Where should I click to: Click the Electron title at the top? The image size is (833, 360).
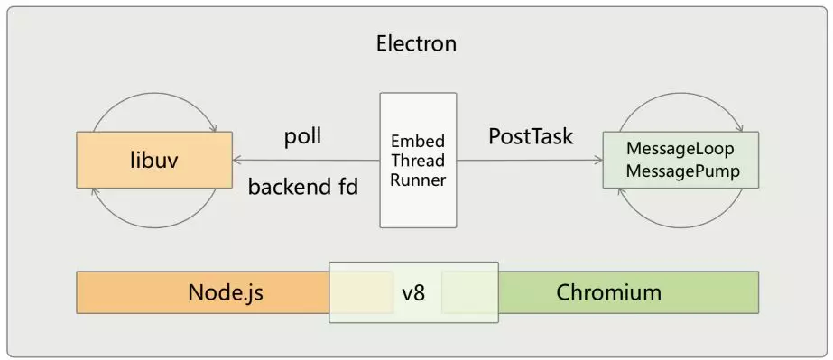416,43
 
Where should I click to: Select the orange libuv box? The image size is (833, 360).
154,161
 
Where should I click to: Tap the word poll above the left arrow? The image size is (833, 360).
303,137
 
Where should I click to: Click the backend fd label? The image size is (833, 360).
303,187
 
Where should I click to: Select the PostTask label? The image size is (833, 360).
531,137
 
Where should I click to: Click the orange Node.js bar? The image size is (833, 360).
226,292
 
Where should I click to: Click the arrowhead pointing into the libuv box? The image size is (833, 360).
238,161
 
